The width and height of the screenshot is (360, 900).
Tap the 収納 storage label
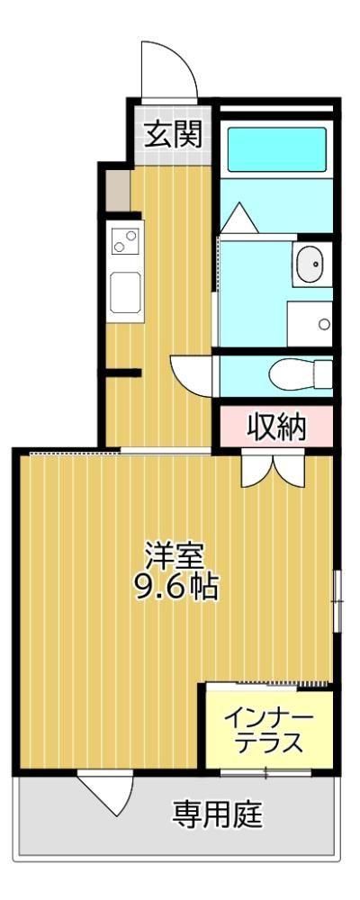click(x=276, y=427)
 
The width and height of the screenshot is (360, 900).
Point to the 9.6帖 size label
click(x=176, y=587)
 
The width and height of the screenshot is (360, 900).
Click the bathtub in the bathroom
click(x=276, y=149)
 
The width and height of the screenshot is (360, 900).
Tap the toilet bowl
click(x=300, y=373)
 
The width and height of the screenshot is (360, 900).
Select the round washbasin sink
click(x=312, y=265)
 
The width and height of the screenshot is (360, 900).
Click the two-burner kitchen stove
click(x=125, y=241)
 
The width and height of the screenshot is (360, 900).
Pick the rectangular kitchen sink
click(x=125, y=291)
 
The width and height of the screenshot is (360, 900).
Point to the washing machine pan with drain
click(x=310, y=323)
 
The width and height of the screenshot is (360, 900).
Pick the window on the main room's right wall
click(x=337, y=600)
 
